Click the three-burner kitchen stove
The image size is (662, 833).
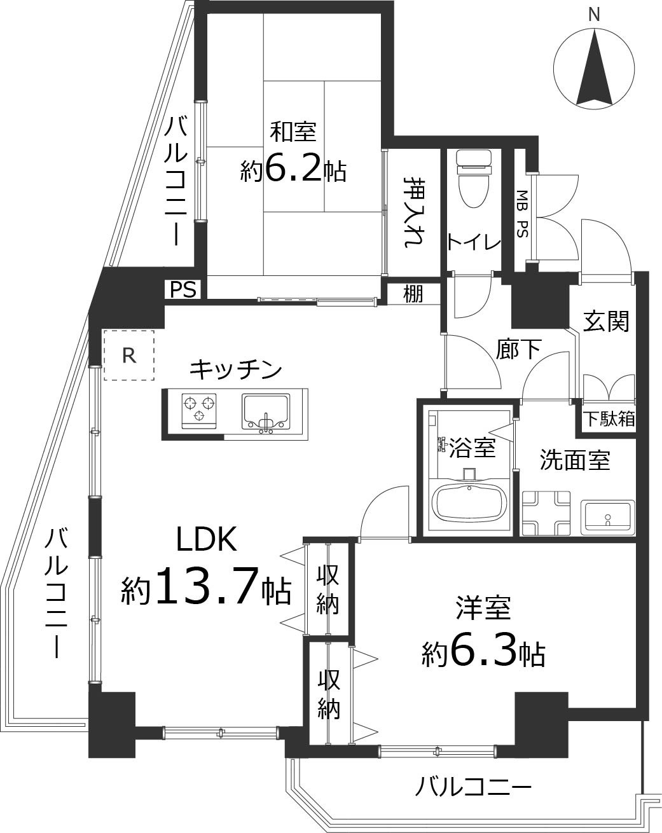pos(199,408)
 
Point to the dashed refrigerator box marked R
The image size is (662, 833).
pos(129,355)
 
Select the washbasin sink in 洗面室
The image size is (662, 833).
pos(607,515)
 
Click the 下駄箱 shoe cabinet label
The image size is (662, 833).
pos(609,419)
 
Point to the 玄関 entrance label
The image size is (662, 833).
pos(606,322)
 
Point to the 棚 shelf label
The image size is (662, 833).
pos(413,294)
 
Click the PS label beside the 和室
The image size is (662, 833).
pos(183,290)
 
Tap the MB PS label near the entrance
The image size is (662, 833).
pos(522,214)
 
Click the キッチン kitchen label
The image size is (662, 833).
pos(236,368)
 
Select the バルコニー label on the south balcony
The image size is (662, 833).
pos(474,789)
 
